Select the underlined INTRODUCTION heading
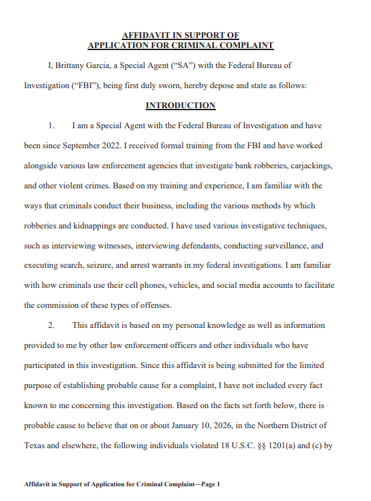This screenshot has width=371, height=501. click(x=180, y=106)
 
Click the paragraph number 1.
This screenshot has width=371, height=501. click(x=51, y=126)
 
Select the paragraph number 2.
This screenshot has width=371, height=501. click(x=51, y=326)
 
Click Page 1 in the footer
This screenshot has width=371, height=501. click(x=207, y=483)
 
